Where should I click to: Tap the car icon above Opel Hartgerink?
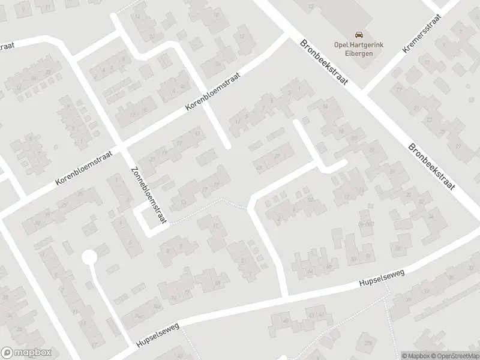point(358,35)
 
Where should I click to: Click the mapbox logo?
point(26,353)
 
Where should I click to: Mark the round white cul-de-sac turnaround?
point(89,257)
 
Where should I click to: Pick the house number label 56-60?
point(365,223)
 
